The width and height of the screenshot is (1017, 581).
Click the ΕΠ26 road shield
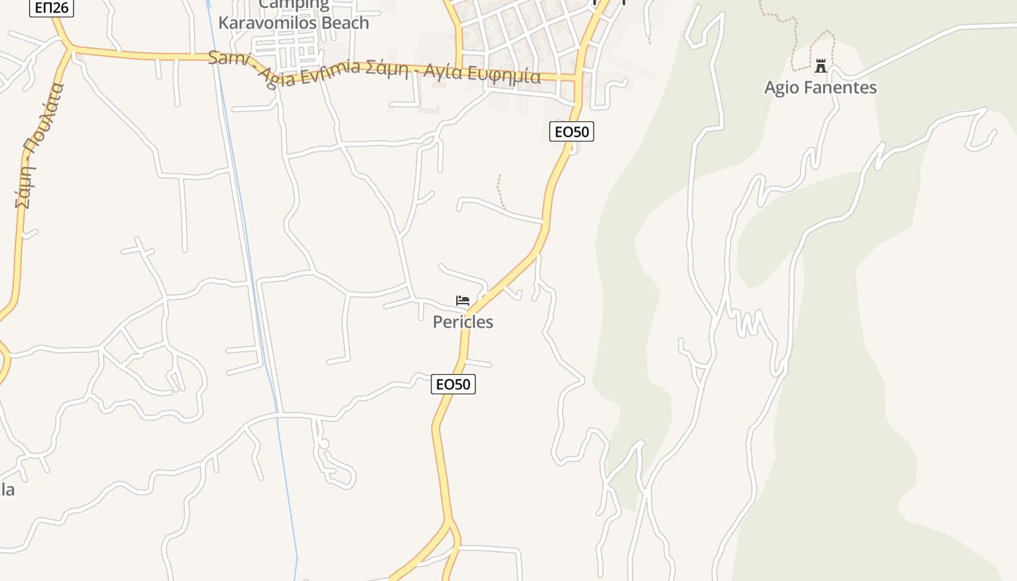point(52,8)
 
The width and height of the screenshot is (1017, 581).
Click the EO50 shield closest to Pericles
point(453,384)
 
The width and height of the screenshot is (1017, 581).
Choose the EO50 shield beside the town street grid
point(572,131)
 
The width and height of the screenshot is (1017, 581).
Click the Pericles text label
point(463,322)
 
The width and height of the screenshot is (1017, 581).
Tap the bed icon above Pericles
point(462,300)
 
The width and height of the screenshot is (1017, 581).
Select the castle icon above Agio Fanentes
point(821,66)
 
